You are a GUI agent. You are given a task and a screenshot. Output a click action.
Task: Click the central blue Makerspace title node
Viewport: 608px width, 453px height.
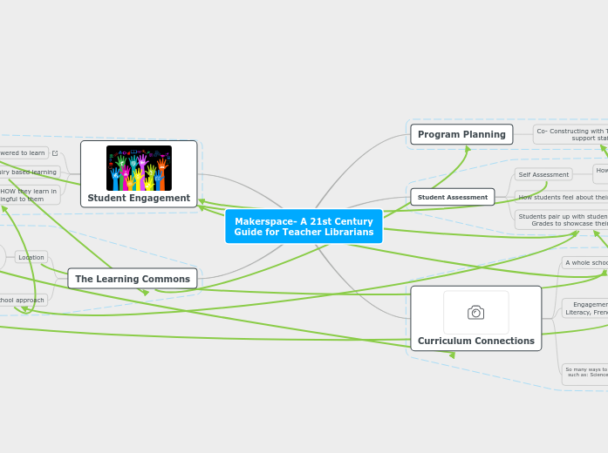pos(304,226)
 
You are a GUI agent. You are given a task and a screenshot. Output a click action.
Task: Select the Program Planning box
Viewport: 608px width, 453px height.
pos(461,134)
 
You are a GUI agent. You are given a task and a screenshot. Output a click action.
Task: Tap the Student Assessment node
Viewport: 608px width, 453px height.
pos(452,197)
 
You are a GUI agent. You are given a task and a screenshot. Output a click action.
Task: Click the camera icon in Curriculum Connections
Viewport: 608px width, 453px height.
pos(475,312)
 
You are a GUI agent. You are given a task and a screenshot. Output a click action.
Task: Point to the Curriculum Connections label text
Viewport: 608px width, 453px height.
pos(475,341)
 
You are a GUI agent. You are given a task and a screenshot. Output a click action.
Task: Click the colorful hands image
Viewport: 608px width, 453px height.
pos(139,167)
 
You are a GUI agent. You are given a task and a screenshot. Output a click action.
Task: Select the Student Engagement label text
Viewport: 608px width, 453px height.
pos(139,198)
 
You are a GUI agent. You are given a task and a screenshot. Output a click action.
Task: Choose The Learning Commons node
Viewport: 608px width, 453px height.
pos(133,279)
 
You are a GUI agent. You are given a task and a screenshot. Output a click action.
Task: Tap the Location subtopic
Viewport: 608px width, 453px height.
pos(31,257)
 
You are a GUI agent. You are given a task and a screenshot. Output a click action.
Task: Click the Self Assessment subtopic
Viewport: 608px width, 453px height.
pos(543,174)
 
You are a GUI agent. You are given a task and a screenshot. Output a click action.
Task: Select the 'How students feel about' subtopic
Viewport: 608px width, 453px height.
pos(562,197)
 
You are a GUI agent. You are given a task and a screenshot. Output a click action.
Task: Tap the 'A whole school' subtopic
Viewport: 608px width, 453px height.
pos(585,262)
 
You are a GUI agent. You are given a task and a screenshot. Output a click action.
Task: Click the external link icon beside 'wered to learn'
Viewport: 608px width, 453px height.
pos(55,153)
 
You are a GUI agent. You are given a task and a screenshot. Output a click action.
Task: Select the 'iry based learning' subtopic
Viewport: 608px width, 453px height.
pos(28,172)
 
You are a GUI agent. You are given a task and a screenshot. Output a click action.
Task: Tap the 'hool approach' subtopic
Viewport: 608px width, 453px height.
pos(23,300)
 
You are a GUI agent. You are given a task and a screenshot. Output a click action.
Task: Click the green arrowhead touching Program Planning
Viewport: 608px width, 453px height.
pos(468,149)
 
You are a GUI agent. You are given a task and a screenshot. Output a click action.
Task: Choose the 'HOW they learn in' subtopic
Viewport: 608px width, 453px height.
pos(28,194)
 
